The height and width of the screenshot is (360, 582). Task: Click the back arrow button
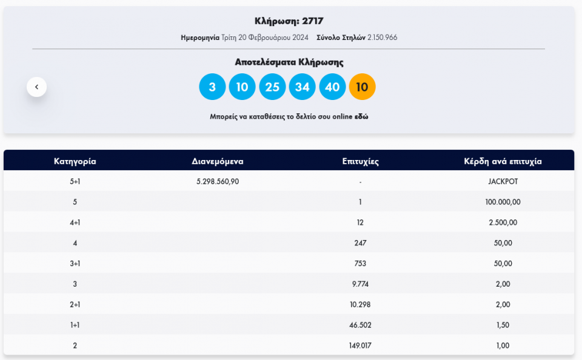point(36,87)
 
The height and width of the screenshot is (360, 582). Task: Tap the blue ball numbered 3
point(212,87)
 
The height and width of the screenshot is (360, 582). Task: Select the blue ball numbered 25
point(272,87)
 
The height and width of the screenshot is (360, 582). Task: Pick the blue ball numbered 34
point(302,87)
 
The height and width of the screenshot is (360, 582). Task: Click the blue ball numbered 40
point(332,87)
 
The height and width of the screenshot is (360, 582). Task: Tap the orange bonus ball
point(363,87)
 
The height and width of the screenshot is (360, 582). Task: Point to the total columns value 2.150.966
point(382,38)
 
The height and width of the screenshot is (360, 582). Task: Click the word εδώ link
point(361,116)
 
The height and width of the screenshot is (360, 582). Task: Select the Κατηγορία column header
point(75,161)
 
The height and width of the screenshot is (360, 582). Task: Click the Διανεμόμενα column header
point(218,161)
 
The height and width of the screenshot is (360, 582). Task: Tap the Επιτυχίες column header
point(360,161)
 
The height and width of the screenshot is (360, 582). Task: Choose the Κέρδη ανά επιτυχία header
point(503,161)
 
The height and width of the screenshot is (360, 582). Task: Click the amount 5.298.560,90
point(218,181)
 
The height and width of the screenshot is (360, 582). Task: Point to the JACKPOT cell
point(503,181)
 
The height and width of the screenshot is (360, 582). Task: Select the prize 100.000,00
point(503,202)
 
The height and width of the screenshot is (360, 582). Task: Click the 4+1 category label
point(75,222)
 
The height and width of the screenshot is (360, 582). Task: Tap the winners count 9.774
point(360,284)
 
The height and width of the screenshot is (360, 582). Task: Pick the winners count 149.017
point(360,345)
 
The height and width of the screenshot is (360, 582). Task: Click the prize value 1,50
point(503,325)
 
